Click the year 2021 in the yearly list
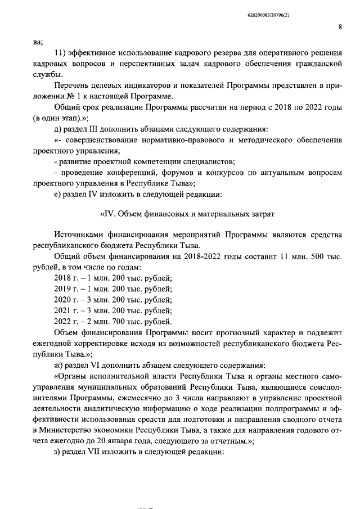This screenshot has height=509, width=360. coord(63,311)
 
